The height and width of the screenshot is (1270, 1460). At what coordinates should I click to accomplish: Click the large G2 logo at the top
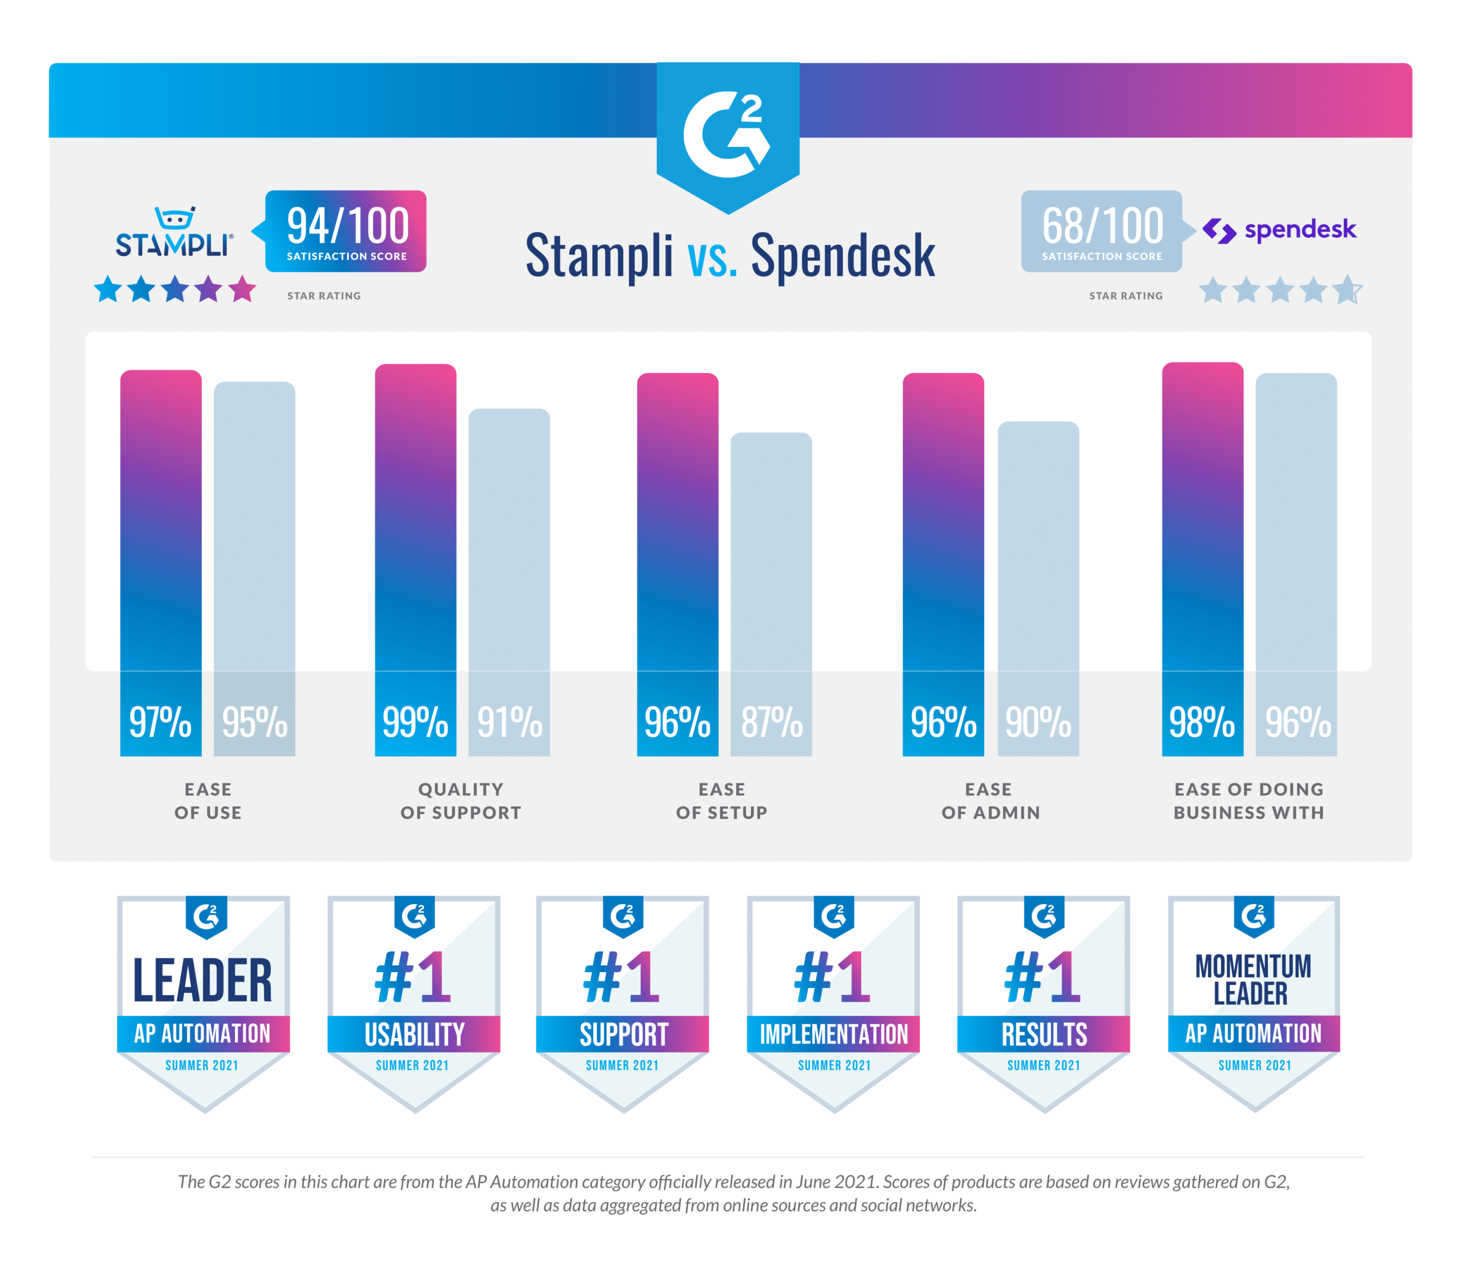click(728, 135)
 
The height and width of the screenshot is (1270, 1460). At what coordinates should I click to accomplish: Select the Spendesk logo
click(1279, 230)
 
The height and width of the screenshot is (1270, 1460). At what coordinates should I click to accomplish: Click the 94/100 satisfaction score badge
click(346, 231)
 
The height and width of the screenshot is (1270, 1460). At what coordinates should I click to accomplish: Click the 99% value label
click(415, 722)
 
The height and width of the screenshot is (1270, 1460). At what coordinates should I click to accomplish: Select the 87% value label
click(772, 722)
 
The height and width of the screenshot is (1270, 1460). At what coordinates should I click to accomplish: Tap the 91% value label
click(509, 722)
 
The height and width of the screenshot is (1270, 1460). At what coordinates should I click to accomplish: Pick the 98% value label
click(1202, 722)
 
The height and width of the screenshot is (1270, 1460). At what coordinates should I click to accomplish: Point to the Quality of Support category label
click(460, 801)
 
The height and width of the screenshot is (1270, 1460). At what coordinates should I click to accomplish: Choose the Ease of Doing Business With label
click(1248, 801)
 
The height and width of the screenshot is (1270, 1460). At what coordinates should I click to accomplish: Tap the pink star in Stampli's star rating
click(242, 289)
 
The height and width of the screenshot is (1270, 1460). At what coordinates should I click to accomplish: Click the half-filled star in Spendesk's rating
click(1347, 290)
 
